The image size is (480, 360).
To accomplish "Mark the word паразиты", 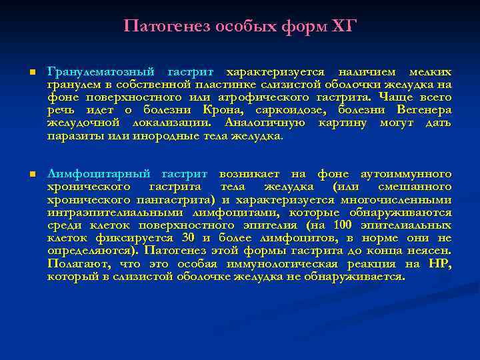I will pyautogui.click(x=71, y=136).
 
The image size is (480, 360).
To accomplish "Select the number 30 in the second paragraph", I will pyautogui.click(x=188, y=238).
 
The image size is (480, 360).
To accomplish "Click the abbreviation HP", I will pyautogui.click(x=441, y=264).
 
